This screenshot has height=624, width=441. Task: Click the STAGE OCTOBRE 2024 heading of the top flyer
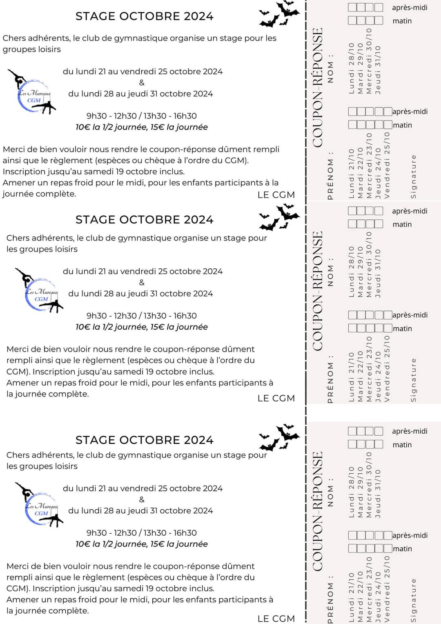point(144,16)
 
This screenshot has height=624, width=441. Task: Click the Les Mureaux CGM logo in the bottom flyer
point(41,506)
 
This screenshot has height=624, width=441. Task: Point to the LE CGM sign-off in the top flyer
point(276,195)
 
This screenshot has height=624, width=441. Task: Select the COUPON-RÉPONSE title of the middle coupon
point(318,291)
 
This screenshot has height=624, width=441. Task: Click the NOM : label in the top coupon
point(330,68)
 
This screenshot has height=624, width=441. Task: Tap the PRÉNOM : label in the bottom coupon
point(330,599)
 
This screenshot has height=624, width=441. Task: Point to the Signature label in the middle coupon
point(413,380)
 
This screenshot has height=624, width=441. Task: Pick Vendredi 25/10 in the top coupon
point(387,165)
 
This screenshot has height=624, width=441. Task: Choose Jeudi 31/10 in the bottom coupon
point(378,493)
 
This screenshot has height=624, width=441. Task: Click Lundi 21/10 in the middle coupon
point(351,377)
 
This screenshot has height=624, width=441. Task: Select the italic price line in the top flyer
point(141,127)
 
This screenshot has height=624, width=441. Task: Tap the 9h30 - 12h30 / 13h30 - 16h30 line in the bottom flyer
point(141,533)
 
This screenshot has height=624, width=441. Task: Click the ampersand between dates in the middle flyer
point(142,282)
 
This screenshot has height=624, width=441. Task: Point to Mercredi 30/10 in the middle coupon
point(369,264)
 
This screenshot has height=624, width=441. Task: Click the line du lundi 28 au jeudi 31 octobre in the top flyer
point(140,94)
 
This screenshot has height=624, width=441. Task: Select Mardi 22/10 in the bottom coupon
point(360,596)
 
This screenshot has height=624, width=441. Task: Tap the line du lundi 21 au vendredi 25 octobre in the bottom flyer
point(143,488)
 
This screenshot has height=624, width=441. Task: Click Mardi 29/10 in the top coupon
point(360,68)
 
